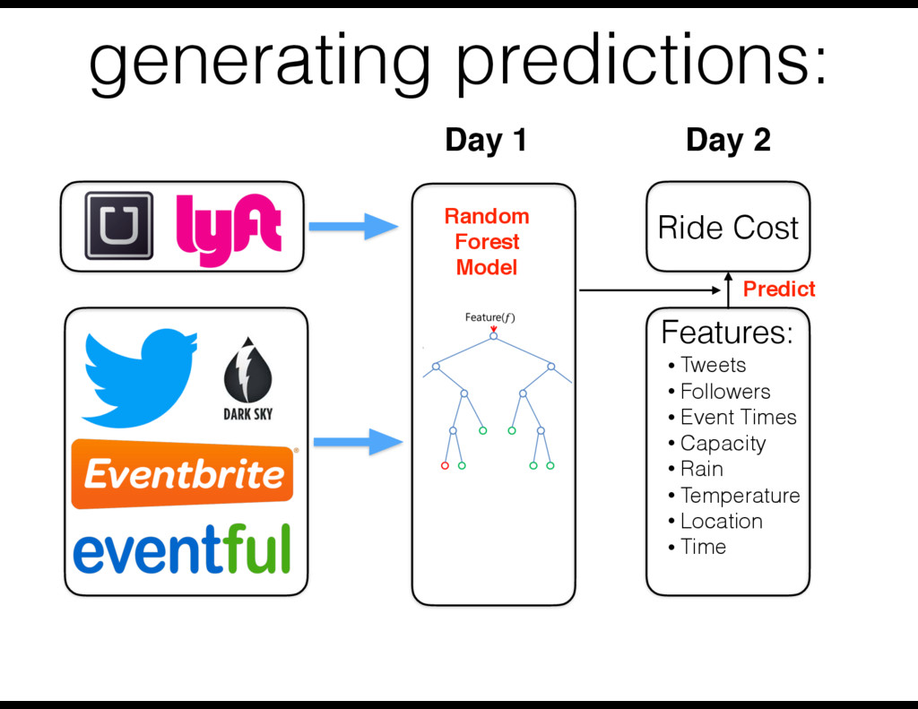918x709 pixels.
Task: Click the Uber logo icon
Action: pos(118,227)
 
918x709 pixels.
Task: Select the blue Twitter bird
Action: pos(139,376)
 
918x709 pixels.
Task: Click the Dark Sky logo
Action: pos(247,380)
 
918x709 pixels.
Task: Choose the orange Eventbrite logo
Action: pos(184,473)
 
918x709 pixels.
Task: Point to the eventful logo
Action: pos(182,548)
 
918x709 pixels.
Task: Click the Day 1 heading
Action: pos(485,141)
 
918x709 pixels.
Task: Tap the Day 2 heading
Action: pos(728,141)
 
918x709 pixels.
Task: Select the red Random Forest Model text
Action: pos(487,242)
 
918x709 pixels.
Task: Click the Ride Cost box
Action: pos(728,228)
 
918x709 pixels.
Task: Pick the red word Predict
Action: pos(779,289)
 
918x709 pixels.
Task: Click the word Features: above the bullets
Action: pos(727,333)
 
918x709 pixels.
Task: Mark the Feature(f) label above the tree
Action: pos(489,317)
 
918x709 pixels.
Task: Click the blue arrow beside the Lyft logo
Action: pos(356,227)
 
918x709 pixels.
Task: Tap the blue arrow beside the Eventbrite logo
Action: pos(356,441)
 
